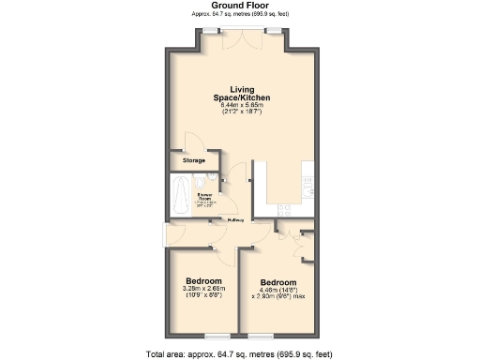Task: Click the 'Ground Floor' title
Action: tap(239, 6)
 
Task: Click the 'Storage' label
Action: tap(194, 160)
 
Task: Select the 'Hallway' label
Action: tap(234, 220)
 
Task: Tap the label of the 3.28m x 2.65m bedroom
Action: tap(203, 281)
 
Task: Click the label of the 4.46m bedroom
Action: tap(278, 283)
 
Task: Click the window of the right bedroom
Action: tap(262, 335)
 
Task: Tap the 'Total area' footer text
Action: tap(239, 353)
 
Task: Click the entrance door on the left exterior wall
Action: tap(167, 233)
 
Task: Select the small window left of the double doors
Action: tap(208, 31)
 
